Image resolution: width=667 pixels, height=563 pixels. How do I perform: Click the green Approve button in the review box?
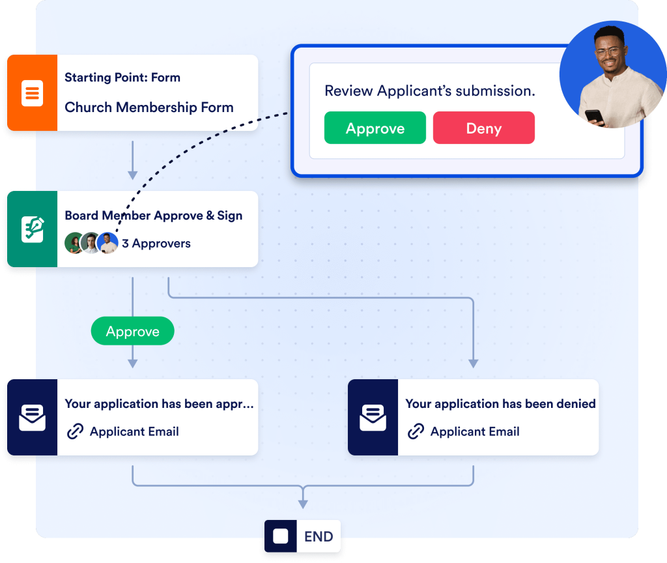pyautogui.click(x=375, y=128)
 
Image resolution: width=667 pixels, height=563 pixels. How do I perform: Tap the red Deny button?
pyautogui.click(x=483, y=128)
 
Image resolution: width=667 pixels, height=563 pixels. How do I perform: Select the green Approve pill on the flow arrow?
pyautogui.click(x=133, y=332)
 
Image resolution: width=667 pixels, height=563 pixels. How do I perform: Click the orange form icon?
pyautogui.click(x=32, y=93)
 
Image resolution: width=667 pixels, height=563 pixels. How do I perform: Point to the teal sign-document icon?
pyautogui.click(x=32, y=229)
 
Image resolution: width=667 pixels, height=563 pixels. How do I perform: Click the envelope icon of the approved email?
pyautogui.click(x=32, y=418)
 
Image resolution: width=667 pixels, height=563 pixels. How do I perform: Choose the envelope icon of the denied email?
pyautogui.click(x=373, y=418)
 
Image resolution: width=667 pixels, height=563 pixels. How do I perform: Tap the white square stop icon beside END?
pyautogui.click(x=281, y=536)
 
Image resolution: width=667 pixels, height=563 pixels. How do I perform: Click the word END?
pyautogui.click(x=319, y=537)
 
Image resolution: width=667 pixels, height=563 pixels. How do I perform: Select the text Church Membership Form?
pyautogui.click(x=149, y=108)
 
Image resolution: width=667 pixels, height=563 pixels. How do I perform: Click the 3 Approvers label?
pyautogui.click(x=156, y=244)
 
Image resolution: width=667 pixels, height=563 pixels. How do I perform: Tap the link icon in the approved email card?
pyautogui.click(x=76, y=431)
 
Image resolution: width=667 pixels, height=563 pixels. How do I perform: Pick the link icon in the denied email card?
pyautogui.click(x=416, y=431)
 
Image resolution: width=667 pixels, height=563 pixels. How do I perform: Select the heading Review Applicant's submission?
pyautogui.click(x=429, y=91)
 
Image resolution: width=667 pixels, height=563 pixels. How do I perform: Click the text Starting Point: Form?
pyautogui.click(x=122, y=78)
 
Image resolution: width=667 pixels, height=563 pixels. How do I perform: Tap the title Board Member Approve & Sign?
pyautogui.click(x=153, y=216)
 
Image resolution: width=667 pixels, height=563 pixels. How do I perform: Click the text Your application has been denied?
pyautogui.click(x=500, y=404)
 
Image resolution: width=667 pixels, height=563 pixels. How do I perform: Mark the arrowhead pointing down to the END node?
pyautogui.click(x=303, y=504)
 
